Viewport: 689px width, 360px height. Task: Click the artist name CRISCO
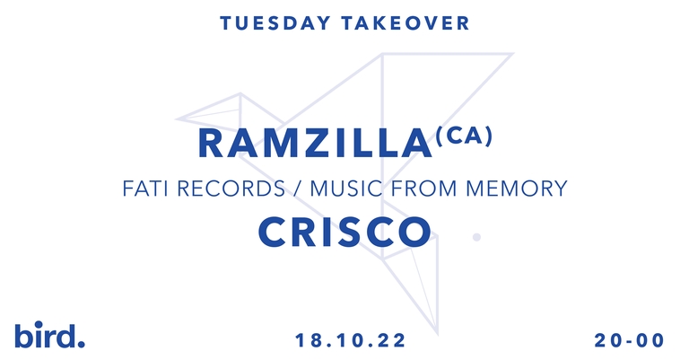344,232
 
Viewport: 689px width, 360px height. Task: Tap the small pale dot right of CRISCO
476,238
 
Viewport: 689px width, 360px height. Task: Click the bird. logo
49,335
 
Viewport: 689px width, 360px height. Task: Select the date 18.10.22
351,341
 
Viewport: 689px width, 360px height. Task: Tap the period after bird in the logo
82,342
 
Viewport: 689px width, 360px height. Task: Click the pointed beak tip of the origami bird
178,118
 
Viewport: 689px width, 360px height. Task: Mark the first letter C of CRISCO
274,232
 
